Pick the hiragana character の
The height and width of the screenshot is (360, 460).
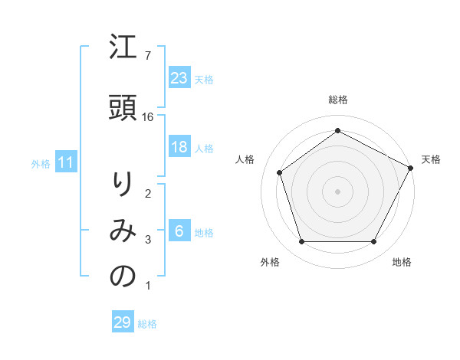click(123, 277)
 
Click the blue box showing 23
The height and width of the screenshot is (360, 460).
click(179, 78)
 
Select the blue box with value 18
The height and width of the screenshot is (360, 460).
click(179, 147)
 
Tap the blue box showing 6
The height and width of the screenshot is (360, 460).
click(179, 232)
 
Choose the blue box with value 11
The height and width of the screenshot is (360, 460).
click(65, 162)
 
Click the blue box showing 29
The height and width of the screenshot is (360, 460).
click(123, 322)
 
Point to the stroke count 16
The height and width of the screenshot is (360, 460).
click(149, 117)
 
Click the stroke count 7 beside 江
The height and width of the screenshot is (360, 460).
click(148, 56)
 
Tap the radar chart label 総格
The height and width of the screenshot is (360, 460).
click(337, 100)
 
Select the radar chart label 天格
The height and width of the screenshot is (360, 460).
click(431, 159)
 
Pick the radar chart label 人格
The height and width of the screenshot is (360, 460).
click(245, 159)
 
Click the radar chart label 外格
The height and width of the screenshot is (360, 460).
click(269, 263)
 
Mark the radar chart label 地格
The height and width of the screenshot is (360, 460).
click(402, 263)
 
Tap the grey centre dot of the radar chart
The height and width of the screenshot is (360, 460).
click(337, 191)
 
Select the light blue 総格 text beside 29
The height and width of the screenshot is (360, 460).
click(147, 324)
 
